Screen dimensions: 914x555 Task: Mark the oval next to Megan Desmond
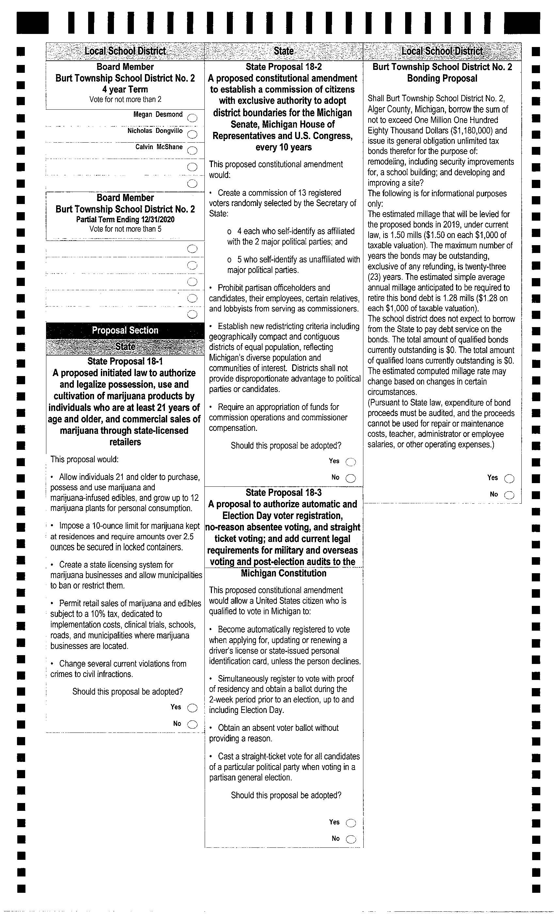tap(192, 118)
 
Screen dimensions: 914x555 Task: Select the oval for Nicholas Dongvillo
tap(192, 134)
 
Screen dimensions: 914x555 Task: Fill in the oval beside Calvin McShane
tap(192, 150)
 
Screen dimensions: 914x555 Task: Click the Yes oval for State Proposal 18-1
tap(192, 708)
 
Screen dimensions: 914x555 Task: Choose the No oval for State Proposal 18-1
tap(192, 724)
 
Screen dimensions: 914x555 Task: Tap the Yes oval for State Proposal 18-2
tap(351, 462)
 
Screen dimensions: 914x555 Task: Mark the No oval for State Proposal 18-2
tap(351, 478)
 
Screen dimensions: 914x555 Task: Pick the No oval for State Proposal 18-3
tap(351, 839)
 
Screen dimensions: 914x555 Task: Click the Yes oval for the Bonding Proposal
tap(509, 479)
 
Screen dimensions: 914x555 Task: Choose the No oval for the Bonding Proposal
tap(509, 495)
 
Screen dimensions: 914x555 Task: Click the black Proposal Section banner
tap(125, 330)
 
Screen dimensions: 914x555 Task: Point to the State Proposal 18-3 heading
tap(283, 492)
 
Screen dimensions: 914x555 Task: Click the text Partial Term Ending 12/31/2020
tap(125, 219)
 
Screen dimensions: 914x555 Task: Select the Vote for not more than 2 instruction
tap(125, 100)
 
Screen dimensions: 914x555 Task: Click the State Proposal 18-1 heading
tap(125, 361)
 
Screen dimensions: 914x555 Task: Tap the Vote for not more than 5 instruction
tap(125, 229)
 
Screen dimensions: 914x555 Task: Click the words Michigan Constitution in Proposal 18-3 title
tap(283, 573)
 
